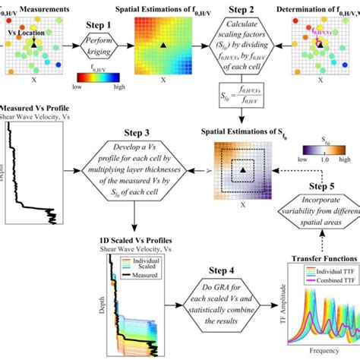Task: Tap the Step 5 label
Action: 319,188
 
